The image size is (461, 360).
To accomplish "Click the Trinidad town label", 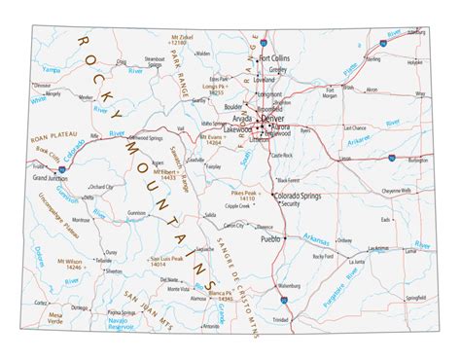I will pyautogui.click(x=281, y=320).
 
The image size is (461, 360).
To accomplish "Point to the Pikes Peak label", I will pyautogui.click(x=244, y=194).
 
